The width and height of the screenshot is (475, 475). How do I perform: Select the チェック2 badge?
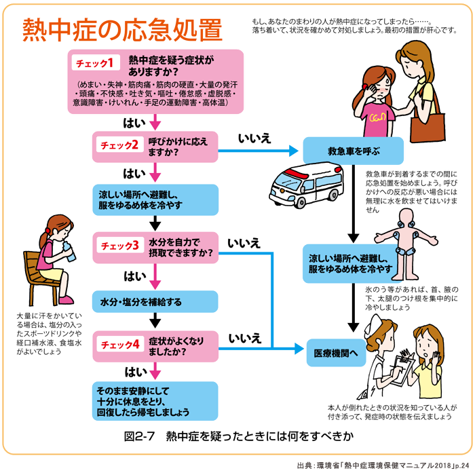tap(119, 145)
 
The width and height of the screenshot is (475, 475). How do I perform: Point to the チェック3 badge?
tap(120, 245)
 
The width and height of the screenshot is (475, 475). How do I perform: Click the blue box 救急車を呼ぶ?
tap(353, 150)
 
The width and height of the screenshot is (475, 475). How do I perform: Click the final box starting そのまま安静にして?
tap(155, 401)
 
